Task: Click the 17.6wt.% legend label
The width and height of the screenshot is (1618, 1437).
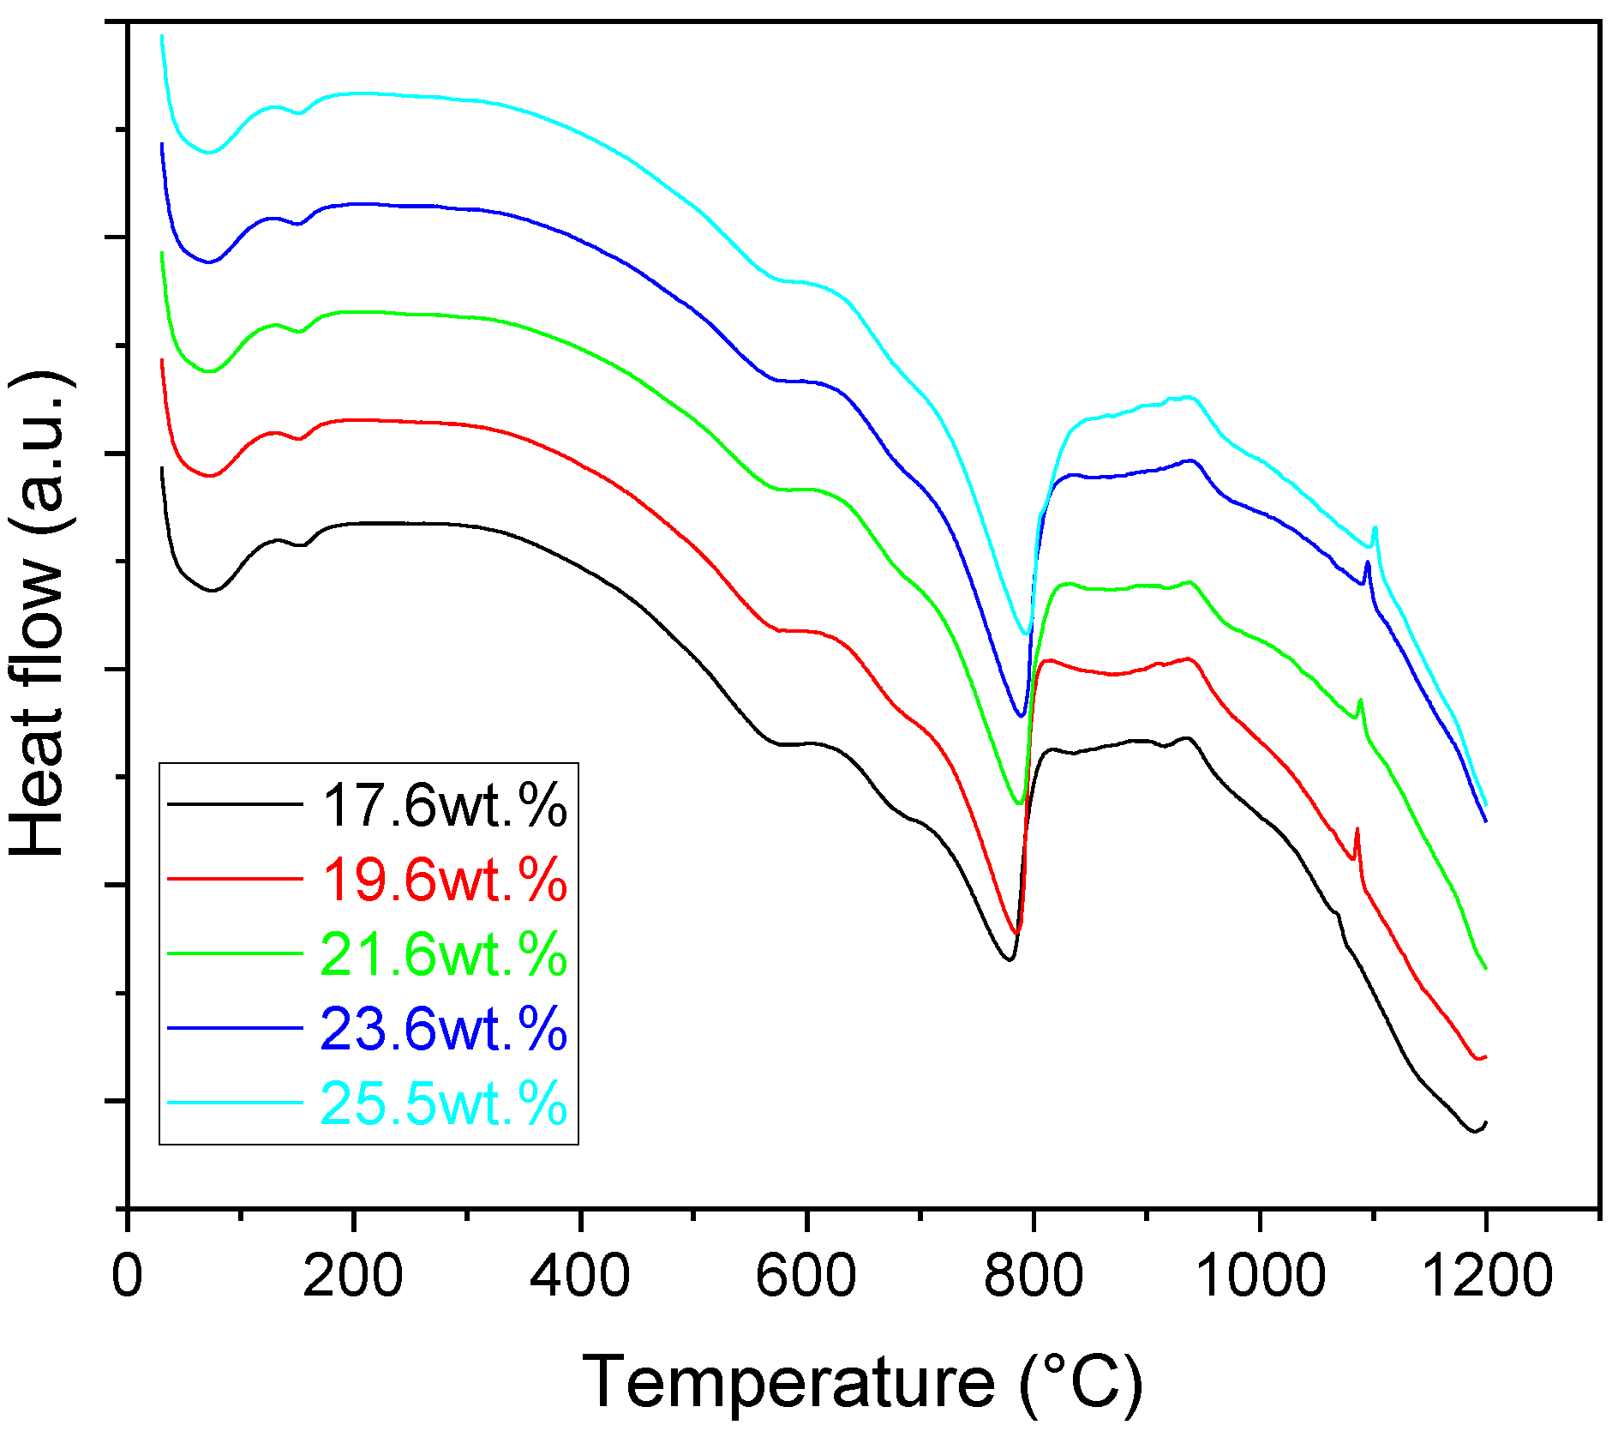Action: [444, 806]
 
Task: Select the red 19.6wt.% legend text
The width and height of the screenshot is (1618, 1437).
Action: [444, 880]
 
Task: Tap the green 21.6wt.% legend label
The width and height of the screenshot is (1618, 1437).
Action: [444, 954]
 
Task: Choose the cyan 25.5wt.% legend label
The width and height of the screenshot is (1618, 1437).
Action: [444, 1103]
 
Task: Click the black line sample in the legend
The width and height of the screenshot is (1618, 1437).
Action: [235, 804]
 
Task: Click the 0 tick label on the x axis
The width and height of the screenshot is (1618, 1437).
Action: [128, 1275]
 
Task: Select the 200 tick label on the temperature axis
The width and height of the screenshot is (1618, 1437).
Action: [353, 1275]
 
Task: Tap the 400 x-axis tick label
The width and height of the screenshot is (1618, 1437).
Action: [580, 1275]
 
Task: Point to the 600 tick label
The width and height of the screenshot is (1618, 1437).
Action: [806, 1275]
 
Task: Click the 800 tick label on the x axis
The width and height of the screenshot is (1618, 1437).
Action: [1034, 1275]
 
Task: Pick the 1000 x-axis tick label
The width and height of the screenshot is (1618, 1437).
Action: [1260, 1275]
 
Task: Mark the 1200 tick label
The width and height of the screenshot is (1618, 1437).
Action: [1486, 1275]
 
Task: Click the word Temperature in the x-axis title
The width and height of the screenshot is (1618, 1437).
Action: [788, 1381]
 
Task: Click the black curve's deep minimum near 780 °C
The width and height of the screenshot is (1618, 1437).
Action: [1010, 959]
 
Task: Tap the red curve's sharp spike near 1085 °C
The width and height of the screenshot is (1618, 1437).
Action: [1357, 830]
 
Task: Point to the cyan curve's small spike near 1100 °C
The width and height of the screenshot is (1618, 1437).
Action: [1375, 528]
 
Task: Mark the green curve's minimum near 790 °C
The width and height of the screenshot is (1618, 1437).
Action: [1019, 803]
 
